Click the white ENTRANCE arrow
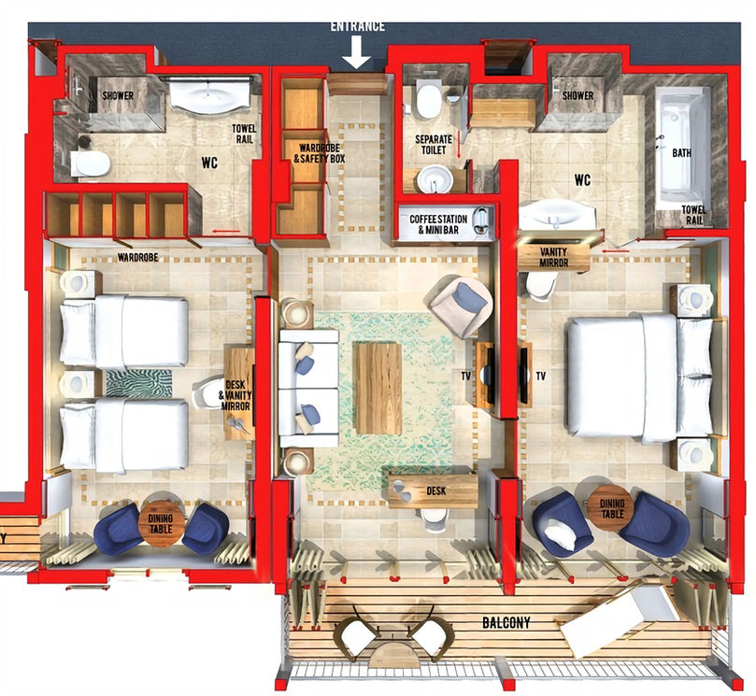coord(356,52)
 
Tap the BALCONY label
coord(506,623)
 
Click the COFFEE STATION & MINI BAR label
coord(437,224)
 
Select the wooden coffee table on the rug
coord(378,388)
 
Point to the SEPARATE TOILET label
coord(434,145)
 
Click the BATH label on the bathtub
coord(682,153)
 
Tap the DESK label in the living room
coord(435,491)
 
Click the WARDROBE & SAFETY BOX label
coord(320,153)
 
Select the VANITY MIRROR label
coord(553,258)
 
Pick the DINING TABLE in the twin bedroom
coord(161,524)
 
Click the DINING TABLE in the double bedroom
coord(612,508)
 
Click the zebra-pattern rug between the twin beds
coord(139,383)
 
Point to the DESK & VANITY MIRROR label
coord(235,395)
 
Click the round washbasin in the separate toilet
coord(435,179)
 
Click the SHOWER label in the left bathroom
coord(118,95)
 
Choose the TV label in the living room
coord(465,376)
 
